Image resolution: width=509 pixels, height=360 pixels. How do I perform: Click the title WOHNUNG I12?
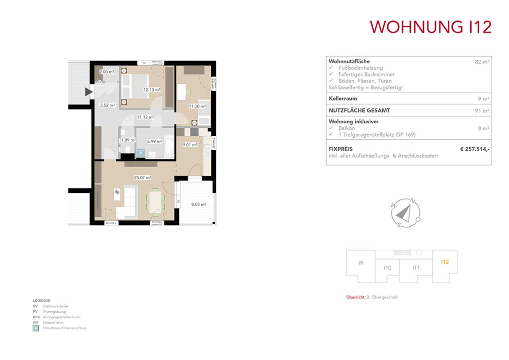430,27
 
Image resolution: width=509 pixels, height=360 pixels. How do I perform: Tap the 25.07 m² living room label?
142,177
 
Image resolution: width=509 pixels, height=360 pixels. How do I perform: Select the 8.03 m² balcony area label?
199,204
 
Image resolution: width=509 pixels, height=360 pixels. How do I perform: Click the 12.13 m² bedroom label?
152,90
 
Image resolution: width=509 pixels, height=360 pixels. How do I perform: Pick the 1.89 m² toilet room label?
128,140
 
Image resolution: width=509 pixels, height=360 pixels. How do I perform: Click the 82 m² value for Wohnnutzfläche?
482,62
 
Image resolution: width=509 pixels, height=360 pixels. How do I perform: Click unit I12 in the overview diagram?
444,262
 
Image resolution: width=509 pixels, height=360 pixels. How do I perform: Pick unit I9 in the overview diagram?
360,263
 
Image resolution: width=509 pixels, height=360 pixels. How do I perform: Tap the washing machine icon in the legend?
36,328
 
